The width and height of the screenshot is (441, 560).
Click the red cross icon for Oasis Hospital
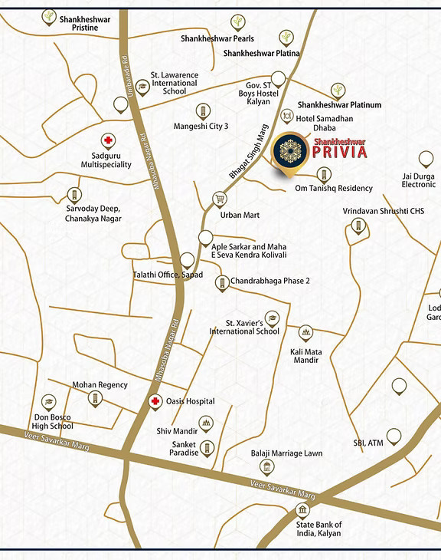155,402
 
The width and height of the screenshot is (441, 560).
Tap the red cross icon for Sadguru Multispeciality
108,141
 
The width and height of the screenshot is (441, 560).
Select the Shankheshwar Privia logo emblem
290,150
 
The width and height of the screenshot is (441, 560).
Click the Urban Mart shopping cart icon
220,199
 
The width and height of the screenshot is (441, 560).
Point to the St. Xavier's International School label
245,328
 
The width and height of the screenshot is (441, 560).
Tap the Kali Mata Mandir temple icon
305,333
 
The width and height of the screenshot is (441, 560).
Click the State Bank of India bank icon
303,510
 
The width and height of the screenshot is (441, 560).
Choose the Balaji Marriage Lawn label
286,453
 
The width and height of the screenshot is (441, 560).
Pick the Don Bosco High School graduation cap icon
49,401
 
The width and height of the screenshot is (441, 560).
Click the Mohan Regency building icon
95,398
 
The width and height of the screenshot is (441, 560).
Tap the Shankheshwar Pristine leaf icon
49,15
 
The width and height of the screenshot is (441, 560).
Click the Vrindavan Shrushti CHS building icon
357,226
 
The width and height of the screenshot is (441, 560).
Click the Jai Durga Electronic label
418,180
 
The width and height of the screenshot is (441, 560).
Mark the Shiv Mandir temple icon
206,423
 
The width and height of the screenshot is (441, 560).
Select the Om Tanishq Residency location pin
324,175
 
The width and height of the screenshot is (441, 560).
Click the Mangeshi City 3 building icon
202,110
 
